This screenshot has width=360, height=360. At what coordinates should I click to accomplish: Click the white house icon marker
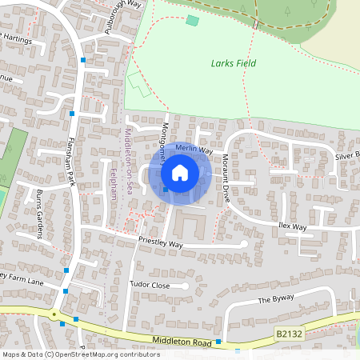tap(180, 172)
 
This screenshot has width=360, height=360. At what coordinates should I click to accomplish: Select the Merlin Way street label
tap(194, 150)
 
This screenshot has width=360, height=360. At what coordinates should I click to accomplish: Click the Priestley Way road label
tap(161, 243)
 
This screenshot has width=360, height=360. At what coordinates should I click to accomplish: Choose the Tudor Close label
tap(150, 284)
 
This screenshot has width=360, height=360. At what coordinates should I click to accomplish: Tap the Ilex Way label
tap(293, 227)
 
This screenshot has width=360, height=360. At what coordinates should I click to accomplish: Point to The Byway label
tap(276, 300)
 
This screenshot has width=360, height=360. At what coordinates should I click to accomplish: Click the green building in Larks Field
tap(192, 20)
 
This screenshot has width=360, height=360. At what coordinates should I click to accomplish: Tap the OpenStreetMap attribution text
tap(80, 354)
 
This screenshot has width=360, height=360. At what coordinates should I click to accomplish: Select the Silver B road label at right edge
tap(347, 154)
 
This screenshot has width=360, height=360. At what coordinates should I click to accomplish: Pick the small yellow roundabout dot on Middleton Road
tap(54, 314)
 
